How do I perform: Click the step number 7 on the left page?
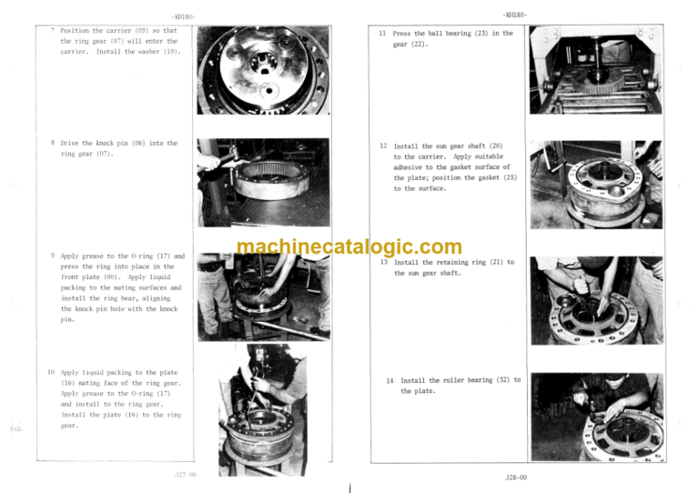tap(54, 30)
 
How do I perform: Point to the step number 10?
tap(51, 372)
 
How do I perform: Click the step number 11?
tap(382, 34)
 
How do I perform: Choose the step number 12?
tap(383, 146)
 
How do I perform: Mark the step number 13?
tap(384, 262)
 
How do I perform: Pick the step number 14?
tap(390, 380)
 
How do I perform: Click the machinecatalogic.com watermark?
tap(349, 247)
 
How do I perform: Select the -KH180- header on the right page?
tap(515, 14)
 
